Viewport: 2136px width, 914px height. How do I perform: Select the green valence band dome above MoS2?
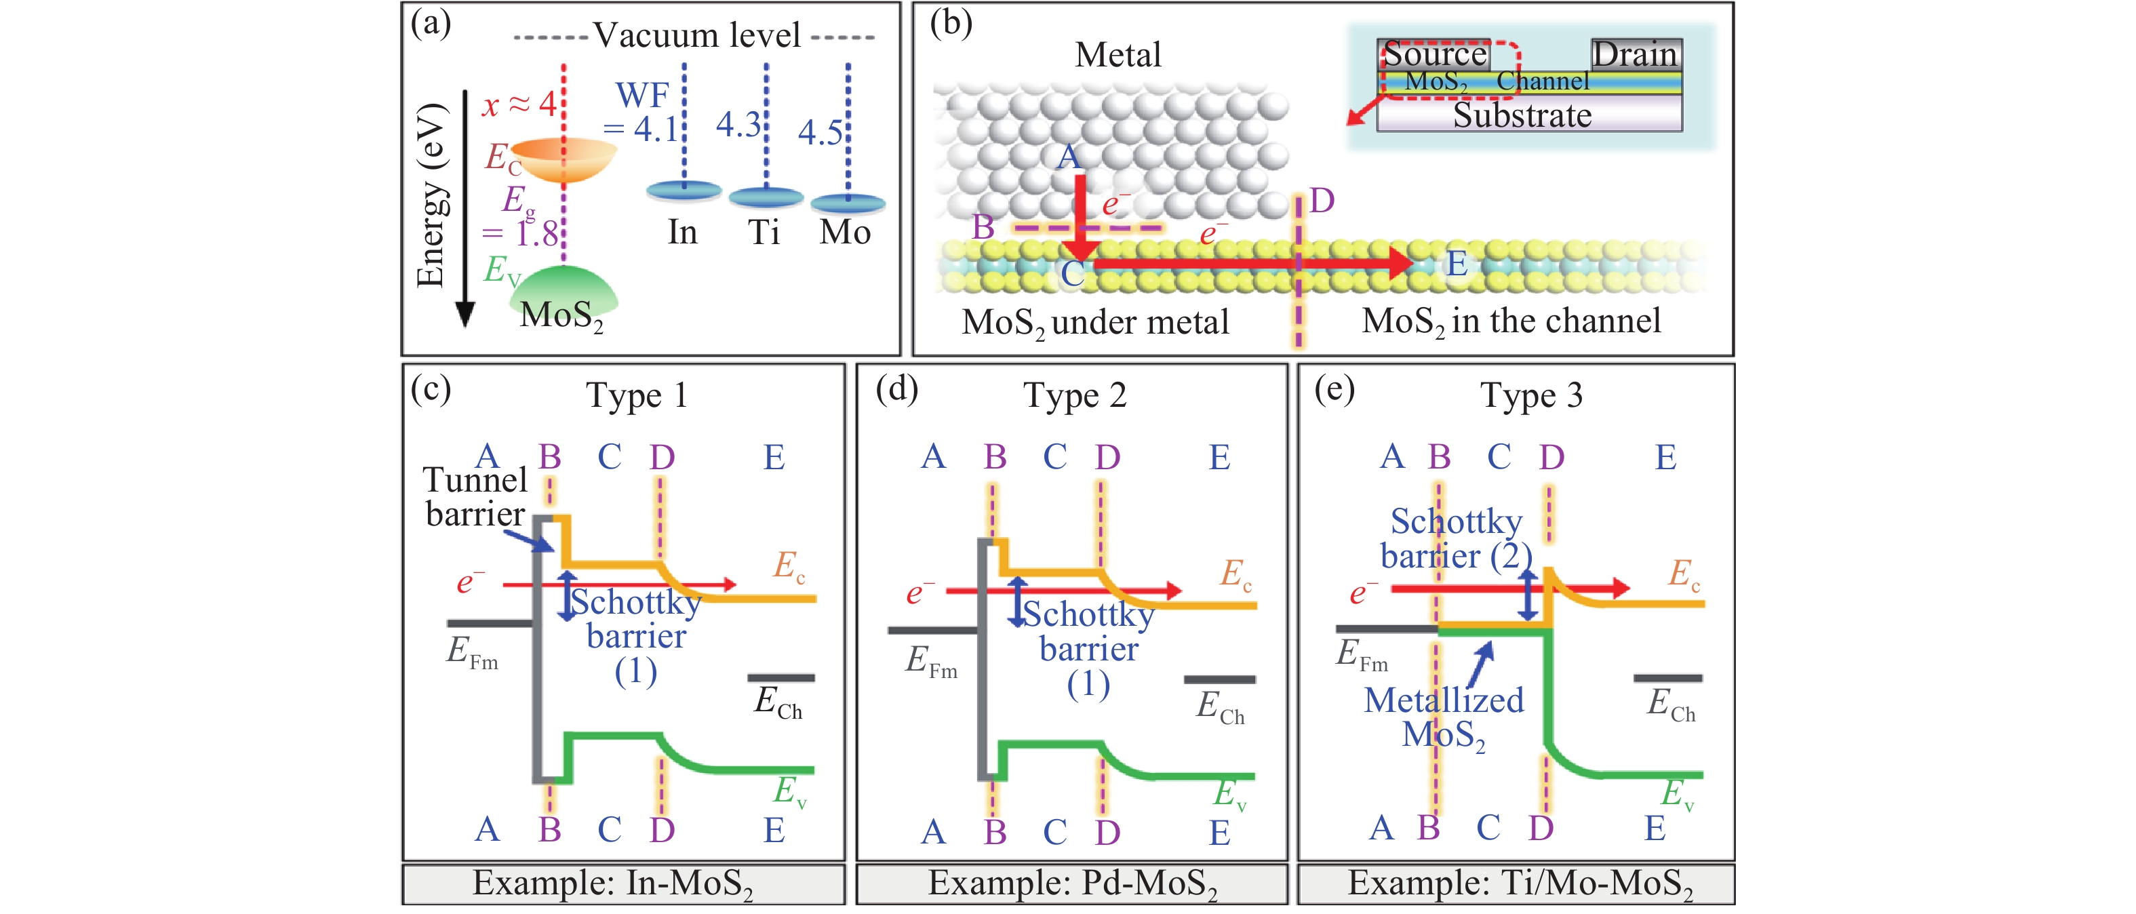tap(564, 286)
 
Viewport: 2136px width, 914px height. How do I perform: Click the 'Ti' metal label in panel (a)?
tap(764, 233)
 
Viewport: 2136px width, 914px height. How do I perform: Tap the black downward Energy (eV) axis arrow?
tap(466, 207)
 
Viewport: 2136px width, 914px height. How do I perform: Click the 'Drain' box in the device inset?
tap(1635, 55)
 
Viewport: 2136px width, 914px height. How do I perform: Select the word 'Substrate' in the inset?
tap(1522, 115)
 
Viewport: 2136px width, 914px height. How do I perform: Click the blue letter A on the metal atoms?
tap(1069, 157)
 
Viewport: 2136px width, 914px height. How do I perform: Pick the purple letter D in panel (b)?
tap(1322, 201)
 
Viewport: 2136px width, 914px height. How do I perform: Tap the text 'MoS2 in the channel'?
tap(1511, 321)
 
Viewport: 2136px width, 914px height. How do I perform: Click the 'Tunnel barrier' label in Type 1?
tap(475, 497)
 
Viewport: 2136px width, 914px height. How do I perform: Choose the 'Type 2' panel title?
tap(1075, 395)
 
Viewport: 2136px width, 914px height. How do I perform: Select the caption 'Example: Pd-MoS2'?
tap(1072, 883)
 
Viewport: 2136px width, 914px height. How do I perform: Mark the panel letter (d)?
tap(896, 388)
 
